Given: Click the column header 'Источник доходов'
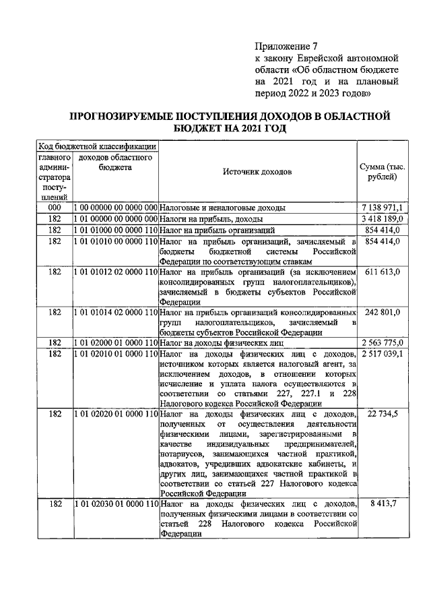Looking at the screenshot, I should [x=257, y=171].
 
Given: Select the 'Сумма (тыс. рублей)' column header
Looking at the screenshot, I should [x=382, y=171].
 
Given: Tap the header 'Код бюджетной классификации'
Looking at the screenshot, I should [x=97, y=146].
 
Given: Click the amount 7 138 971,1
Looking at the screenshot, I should [x=382, y=208].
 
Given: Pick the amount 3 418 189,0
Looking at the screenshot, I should [x=382, y=219].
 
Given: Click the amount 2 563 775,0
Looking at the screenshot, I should [x=382, y=343].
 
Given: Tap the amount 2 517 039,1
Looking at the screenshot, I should [x=382, y=354].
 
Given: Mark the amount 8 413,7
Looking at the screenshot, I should [x=382, y=504].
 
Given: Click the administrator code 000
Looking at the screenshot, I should [x=54, y=208].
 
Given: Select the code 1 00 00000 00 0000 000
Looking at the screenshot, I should [x=115, y=208].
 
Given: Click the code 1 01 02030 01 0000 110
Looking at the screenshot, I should [x=115, y=504].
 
